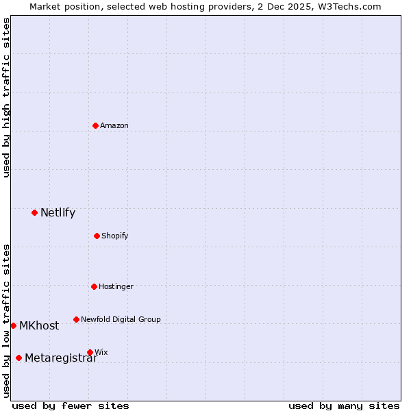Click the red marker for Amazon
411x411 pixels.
95,125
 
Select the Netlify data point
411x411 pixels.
34,212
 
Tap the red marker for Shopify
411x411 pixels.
97,236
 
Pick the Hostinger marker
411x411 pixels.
94,286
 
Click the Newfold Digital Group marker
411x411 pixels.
76,319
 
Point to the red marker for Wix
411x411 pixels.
90,352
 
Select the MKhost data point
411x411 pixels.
13,325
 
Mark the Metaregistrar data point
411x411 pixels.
18,358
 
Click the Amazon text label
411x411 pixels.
114,125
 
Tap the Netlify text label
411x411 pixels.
58,212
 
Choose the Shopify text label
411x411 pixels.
115,236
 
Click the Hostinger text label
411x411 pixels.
116,286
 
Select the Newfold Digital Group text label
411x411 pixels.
121,319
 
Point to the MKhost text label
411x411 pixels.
39,325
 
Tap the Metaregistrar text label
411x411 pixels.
61,358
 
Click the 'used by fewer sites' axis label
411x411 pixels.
71,406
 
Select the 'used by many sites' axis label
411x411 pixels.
344,406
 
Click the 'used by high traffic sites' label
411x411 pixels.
6,97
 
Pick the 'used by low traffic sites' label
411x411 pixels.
6,321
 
